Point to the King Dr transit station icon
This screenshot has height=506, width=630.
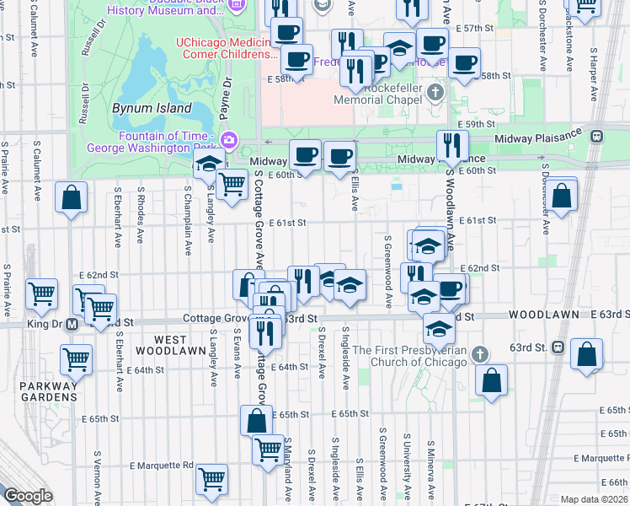pos(72,323)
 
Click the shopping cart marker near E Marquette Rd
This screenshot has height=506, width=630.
pos(212,479)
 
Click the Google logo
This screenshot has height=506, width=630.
pos(27,496)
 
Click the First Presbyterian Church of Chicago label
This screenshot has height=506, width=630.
pos(410,356)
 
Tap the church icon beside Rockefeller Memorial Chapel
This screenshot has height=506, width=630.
pos(435,91)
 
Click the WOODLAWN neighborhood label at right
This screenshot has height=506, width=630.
pos(543,315)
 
